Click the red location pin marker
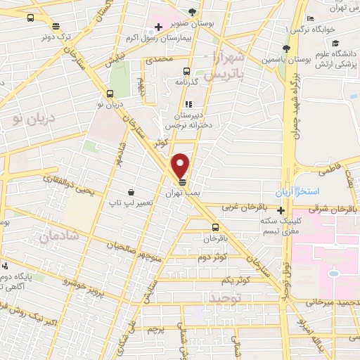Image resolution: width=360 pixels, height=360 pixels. [181, 165]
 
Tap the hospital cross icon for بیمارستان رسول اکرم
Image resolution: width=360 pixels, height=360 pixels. [159, 27]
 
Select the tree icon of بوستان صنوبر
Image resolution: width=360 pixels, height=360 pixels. [192, 11]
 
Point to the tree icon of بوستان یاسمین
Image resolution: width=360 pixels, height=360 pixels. [285, 49]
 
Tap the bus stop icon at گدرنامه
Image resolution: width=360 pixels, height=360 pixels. [186, 70]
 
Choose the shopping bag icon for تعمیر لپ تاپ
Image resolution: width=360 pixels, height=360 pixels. [131, 191]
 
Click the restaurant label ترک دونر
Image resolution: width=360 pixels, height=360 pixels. [56, 35]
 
